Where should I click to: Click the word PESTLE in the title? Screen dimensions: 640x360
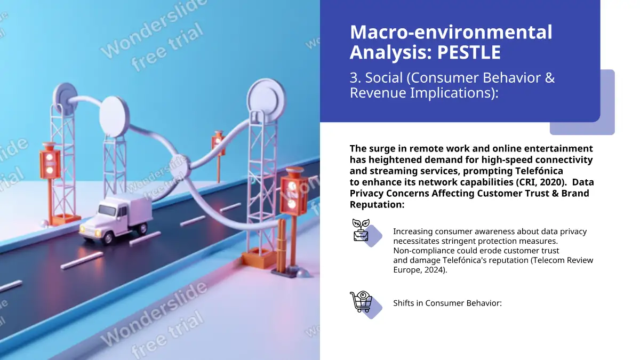point(469,52)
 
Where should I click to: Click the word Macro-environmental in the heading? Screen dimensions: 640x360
point(451,32)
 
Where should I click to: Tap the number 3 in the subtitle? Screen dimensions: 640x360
point(354,78)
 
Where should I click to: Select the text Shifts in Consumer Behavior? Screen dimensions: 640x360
point(447,303)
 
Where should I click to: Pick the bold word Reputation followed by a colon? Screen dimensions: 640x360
point(377,205)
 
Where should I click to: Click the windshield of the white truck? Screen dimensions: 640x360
point(107,211)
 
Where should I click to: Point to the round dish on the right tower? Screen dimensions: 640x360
point(266,97)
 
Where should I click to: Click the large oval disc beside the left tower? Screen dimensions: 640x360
point(114,117)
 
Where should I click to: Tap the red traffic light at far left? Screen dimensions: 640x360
point(50,161)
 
